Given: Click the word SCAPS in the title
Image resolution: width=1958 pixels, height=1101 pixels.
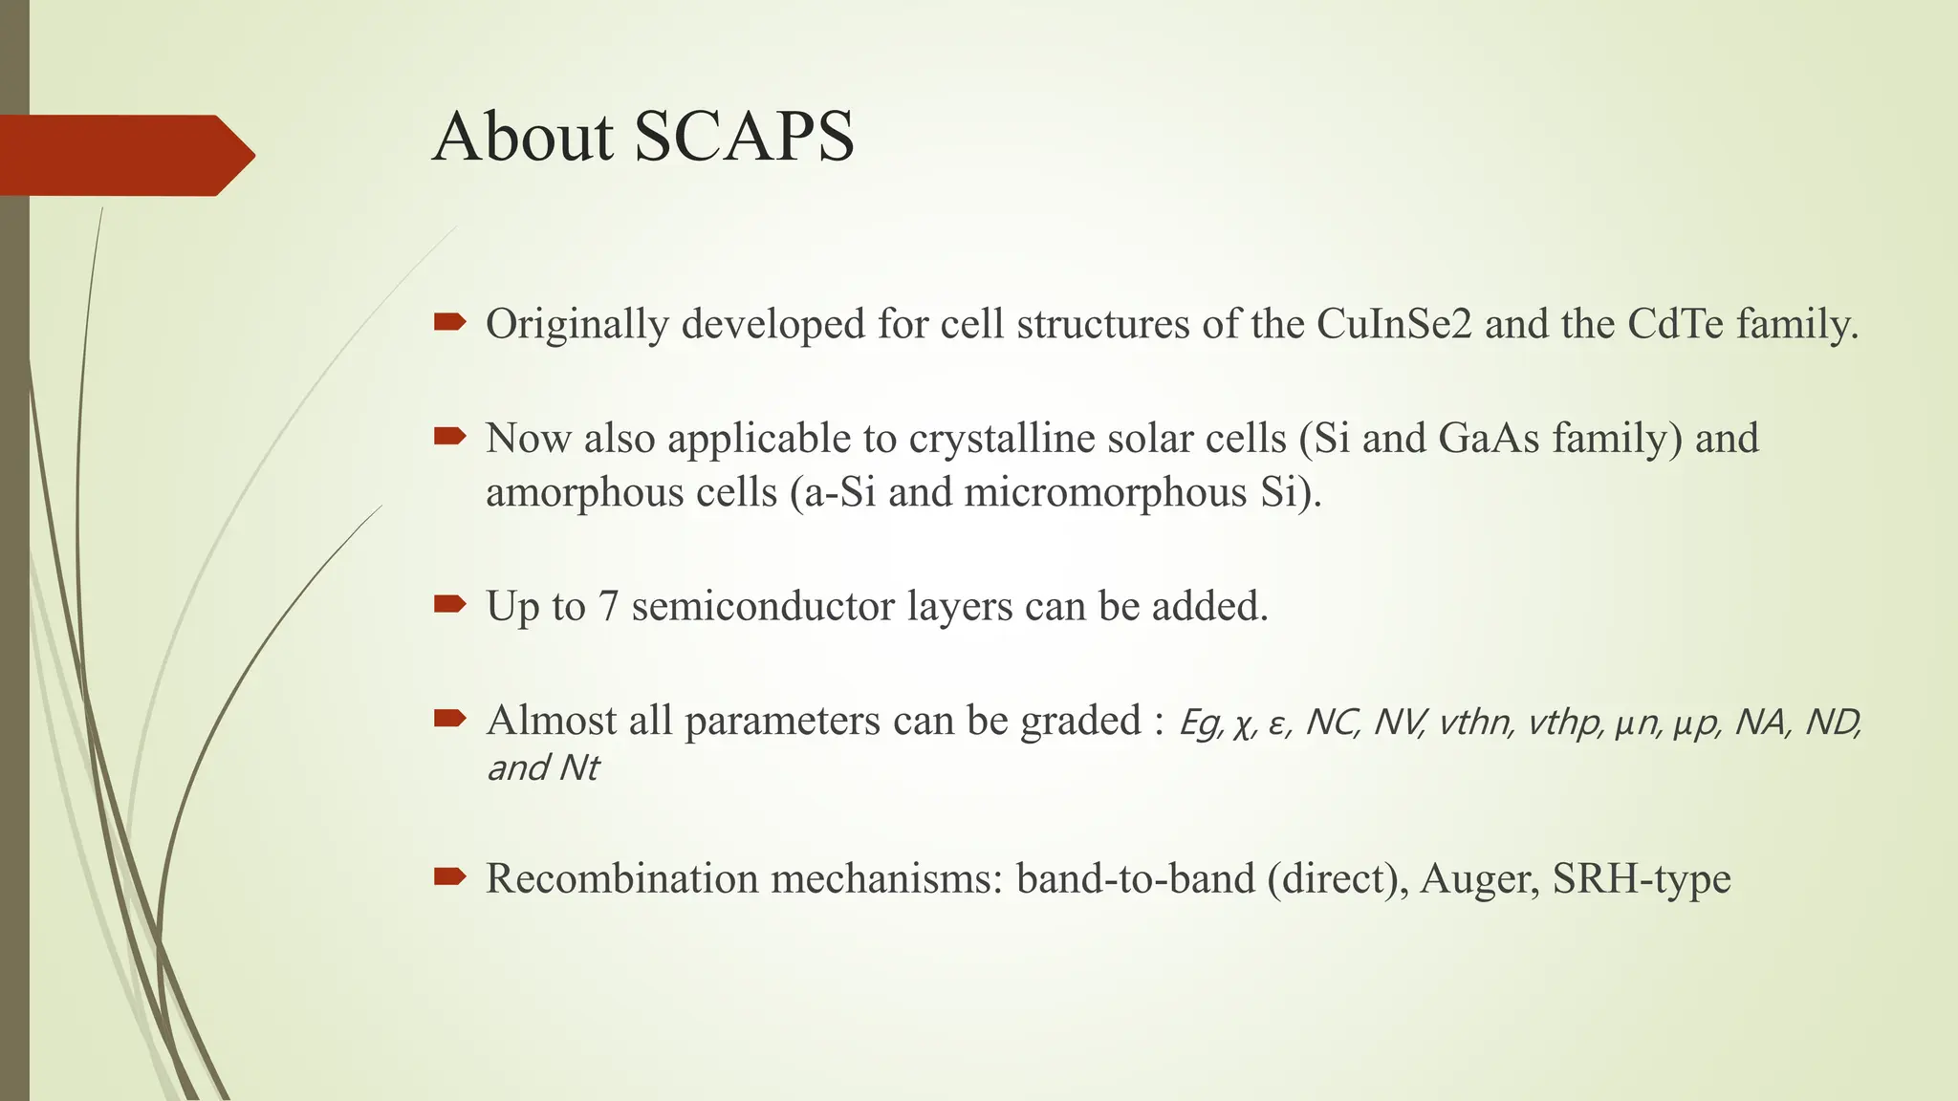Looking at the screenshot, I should tap(744, 137).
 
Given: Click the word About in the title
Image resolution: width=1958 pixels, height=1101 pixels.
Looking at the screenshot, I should tap(523, 137).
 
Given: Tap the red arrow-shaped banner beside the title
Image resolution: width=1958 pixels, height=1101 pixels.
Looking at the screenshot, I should tap(124, 155).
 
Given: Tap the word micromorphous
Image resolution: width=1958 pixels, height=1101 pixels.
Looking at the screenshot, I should tap(1105, 493).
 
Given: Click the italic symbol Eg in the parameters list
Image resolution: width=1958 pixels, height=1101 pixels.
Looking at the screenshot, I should tap(1200, 723).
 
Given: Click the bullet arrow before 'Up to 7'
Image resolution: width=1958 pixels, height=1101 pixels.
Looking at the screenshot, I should tap(449, 604).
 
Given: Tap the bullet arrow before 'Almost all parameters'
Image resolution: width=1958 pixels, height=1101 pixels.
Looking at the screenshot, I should tap(449, 719).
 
